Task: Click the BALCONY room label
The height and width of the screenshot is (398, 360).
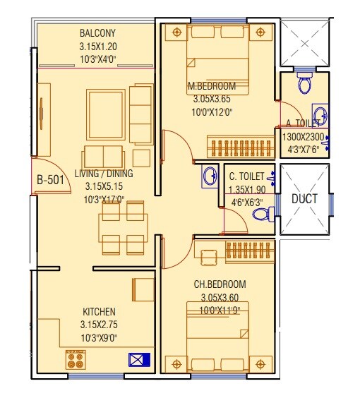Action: click(97, 32)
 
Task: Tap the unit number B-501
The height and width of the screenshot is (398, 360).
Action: click(50, 179)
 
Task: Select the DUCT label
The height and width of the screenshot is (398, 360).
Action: click(304, 199)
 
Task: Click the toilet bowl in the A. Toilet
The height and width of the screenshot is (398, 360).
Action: click(305, 83)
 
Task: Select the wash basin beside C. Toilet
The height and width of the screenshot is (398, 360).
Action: click(208, 176)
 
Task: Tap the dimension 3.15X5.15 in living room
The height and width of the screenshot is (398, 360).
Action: click(104, 187)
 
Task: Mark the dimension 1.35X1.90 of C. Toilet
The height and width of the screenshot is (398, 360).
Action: click(246, 189)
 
